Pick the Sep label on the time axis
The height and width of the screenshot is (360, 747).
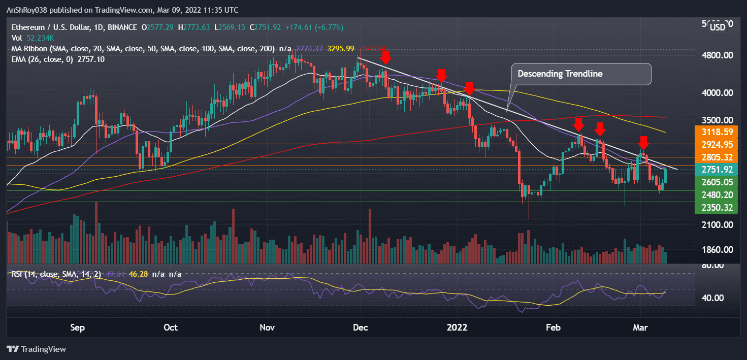(78, 327)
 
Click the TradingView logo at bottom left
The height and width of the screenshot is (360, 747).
(36, 349)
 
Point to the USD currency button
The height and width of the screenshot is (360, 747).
(717, 27)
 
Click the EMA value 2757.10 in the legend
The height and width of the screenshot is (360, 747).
(90, 59)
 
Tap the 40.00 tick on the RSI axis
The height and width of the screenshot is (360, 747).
(718, 298)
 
